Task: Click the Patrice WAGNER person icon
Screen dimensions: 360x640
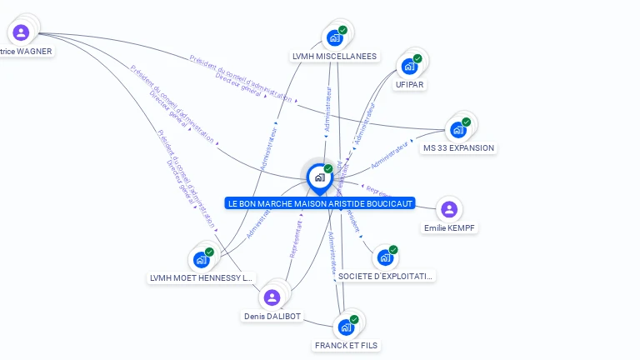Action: point(21,32)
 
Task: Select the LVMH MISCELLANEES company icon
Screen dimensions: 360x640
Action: point(335,37)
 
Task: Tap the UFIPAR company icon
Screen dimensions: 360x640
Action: point(409,66)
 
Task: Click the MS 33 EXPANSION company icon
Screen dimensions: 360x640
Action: point(457,129)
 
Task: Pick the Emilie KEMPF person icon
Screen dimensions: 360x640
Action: point(449,208)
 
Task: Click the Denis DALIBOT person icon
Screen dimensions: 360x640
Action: point(272,297)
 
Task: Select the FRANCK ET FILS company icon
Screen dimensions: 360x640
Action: point(346,327)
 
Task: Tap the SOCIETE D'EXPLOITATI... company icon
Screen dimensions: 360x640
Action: point(385,257)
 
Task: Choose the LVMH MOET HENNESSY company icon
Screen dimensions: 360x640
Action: point(201,259)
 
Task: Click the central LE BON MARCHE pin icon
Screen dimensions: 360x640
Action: point(319,177)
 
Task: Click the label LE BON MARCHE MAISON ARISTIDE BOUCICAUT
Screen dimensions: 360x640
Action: point(320,203)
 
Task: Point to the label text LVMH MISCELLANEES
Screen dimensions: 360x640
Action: point(334,57)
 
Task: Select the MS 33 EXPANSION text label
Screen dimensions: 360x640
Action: point(458,148)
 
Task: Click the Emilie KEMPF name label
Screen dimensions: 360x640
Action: point(450,227)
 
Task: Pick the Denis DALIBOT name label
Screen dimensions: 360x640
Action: point(272,317)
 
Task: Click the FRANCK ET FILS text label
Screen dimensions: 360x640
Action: point(347,344)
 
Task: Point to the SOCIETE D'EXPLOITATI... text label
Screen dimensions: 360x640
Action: point(386,276)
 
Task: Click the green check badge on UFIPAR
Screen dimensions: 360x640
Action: point(417,58)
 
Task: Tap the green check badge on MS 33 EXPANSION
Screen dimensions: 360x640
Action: point(466,122)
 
